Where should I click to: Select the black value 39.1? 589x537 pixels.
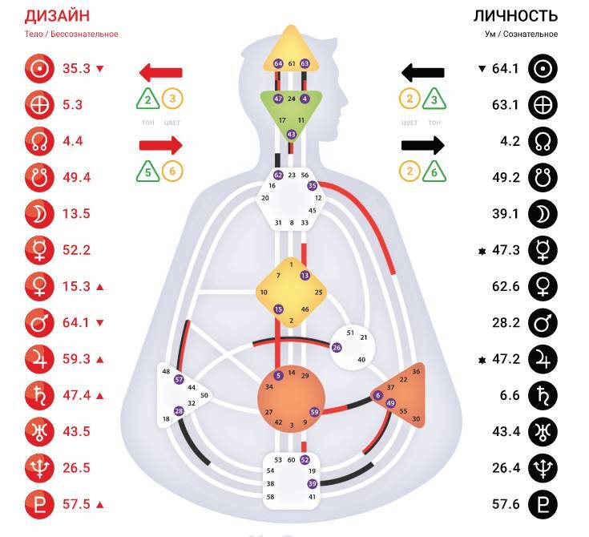coord(506,213)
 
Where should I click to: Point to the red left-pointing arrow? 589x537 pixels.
coord(160,74)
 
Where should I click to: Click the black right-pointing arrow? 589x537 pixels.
coord(422,145)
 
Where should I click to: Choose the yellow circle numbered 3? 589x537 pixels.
coord(173,99)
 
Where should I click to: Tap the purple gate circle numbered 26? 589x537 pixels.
coord(337,347)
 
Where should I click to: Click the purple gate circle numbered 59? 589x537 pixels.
coord(315,412)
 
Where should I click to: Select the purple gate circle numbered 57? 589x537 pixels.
coord(179,379)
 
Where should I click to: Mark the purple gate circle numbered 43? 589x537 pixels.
coord(291,134)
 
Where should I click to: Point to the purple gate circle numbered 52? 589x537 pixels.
coord(305,460)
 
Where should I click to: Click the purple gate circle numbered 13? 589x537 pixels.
coord(305,276)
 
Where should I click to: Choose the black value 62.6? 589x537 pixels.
coord(506,286)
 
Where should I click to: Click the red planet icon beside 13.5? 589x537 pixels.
coord(38,213)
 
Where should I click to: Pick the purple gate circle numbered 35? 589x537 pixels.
coord(312,185)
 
